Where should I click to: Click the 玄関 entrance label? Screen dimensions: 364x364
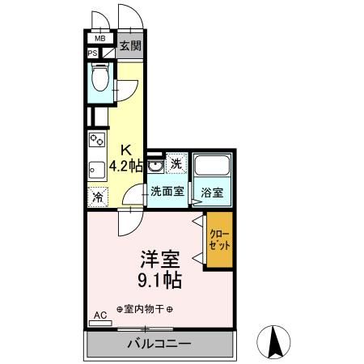129,46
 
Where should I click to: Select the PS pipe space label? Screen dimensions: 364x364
94,54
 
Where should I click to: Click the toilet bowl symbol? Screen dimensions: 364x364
99,79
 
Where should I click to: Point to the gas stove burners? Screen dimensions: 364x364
96,141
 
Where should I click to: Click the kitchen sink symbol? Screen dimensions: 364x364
95,169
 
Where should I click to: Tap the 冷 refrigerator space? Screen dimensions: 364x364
97,196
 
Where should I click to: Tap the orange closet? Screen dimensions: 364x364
218,238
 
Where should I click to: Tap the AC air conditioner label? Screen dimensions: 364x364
100,315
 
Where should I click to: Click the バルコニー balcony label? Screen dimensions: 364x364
159,344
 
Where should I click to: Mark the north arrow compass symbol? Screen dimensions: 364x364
274,341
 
